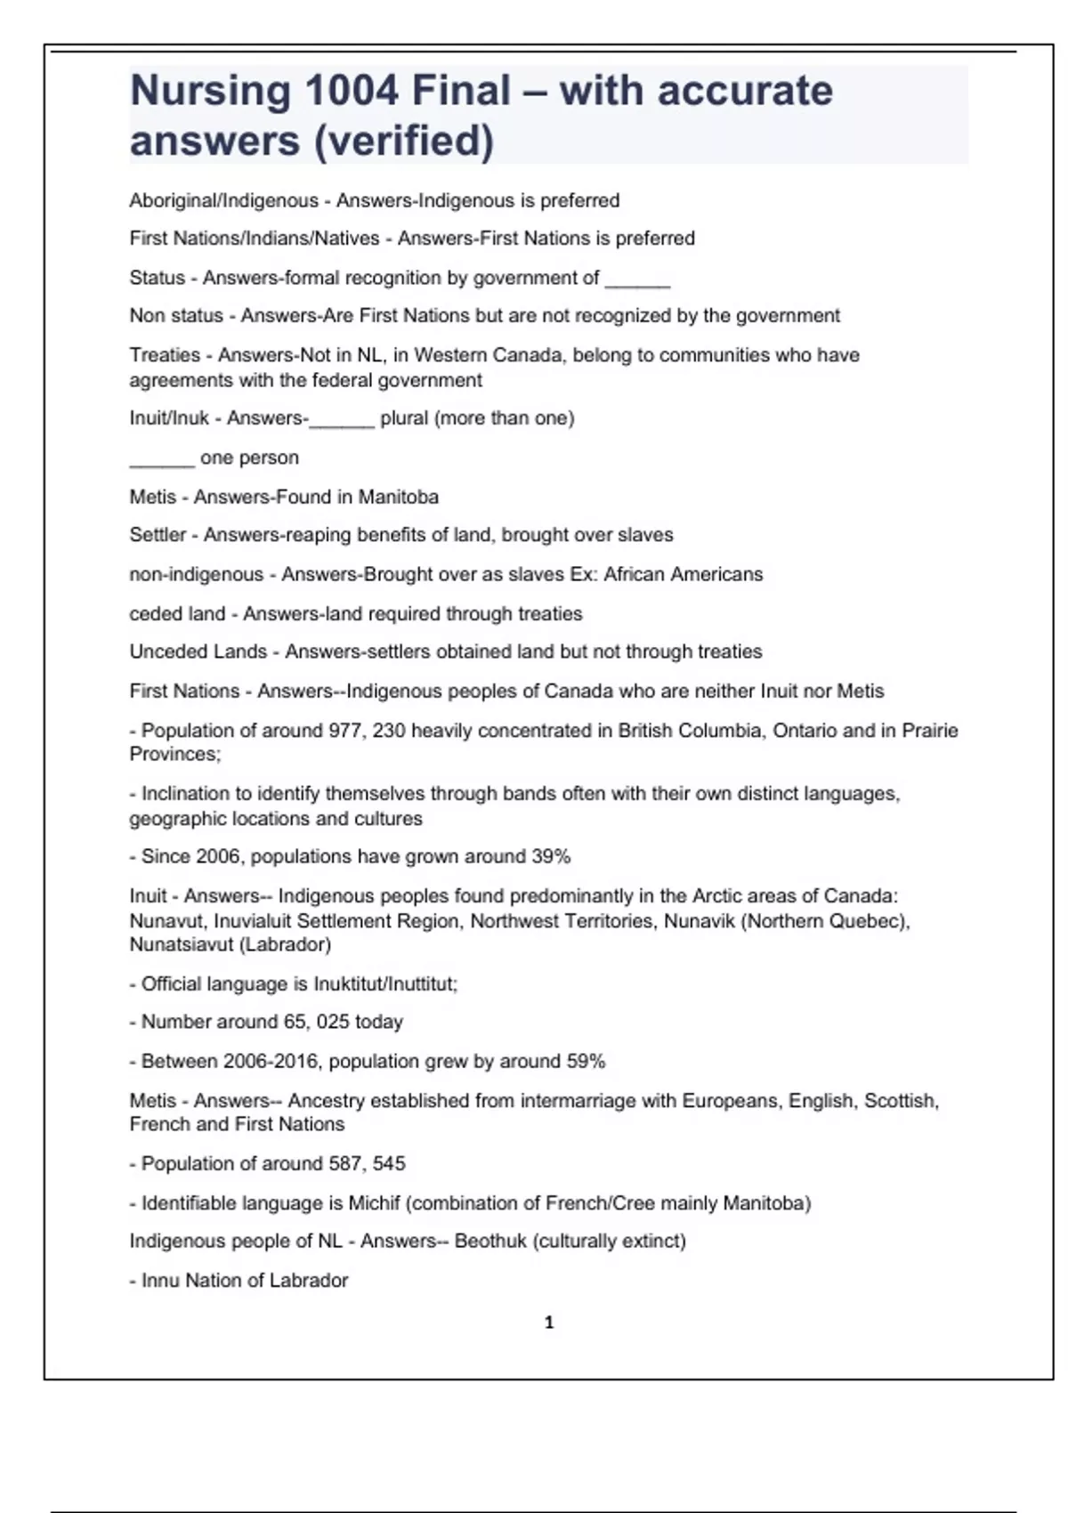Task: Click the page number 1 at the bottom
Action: click(x=548, y=1323)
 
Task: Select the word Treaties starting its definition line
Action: click(x=165, y=355)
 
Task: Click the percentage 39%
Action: click(x=551, y=857)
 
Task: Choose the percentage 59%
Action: click(x=586, y=1062)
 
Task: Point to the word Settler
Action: click(x=158, y=535)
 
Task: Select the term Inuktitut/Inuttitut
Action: click(x=384, y=984)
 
